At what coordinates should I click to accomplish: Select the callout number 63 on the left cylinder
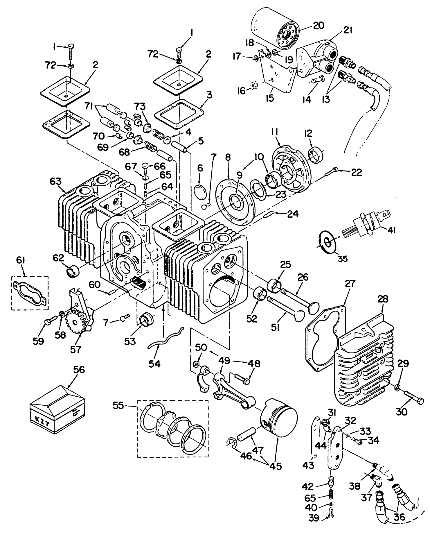pyautogui.click(x=55, y=181)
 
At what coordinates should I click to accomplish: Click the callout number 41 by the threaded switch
pyautogui.click(x=389, y=230)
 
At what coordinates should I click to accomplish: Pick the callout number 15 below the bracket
pyautogui.click(x=270, y=98)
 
